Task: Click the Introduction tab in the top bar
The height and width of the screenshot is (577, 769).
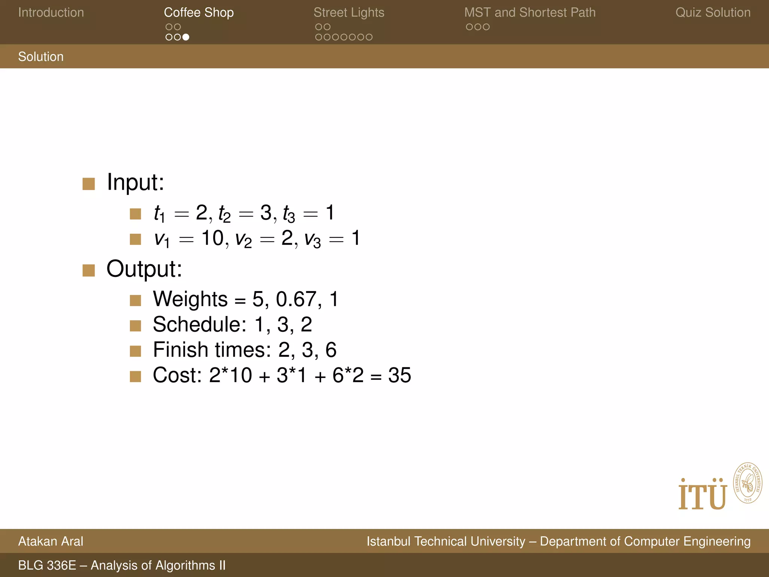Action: click(x=51, y=12)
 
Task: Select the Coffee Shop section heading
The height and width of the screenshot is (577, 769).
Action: click(x=199, y=12)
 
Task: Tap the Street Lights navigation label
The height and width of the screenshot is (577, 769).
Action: click(x=348, y=12)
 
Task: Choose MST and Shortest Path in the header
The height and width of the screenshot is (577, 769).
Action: click(x=529, y=12)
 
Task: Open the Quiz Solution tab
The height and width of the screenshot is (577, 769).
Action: click(x=713, y=12)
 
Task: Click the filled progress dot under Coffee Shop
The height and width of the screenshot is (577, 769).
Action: click(x=185, y=37)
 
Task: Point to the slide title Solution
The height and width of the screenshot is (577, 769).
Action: click(x=41, y=57)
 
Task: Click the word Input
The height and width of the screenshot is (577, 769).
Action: click(x=135, y=182)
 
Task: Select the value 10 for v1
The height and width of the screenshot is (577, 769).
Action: click(x=212, y=238)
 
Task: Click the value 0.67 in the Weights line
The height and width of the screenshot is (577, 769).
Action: click(x=296, y=299)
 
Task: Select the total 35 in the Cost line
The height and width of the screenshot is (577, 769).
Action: click(x=400, y=375)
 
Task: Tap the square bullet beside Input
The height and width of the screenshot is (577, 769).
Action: click(x=89, y=184)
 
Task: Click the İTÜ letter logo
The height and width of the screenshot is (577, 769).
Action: click(x=702, y=495)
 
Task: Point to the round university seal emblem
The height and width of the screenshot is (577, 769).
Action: click(x=748, y=483)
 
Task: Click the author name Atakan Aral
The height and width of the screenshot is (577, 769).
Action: click(x=51, y=541)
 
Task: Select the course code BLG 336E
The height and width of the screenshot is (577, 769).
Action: click(x=47, y=565)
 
